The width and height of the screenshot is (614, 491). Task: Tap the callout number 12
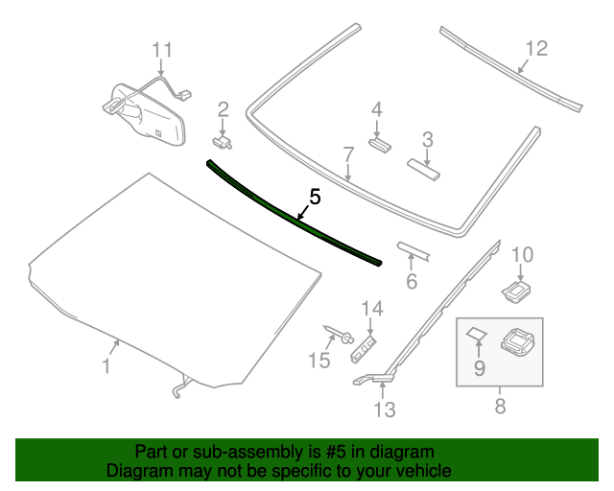coord(535,47)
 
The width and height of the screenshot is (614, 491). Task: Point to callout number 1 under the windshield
coord(106,365)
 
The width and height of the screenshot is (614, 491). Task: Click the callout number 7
coord(348,153)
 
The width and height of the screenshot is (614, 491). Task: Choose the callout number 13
coord(384,410)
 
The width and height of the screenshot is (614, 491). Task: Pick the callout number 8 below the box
coord(499,407)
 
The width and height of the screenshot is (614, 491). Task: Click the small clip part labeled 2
coord(224,142)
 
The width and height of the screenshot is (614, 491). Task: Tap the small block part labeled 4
coord(379,144)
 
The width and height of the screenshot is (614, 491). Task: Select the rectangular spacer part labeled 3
coord(423,169)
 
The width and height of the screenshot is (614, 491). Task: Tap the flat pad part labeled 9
coord(477,335)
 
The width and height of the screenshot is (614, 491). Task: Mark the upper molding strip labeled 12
coord(508,66)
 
